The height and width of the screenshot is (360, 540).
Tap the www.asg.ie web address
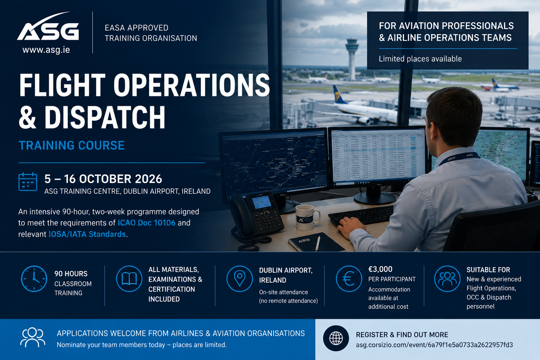46,50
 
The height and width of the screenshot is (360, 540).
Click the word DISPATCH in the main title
105,117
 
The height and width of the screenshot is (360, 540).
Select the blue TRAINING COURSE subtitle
72,146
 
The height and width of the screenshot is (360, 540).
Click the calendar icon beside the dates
28,181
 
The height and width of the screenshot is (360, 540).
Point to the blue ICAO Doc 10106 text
146,223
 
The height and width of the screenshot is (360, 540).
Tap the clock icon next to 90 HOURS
34,279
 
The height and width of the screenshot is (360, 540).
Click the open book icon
129,279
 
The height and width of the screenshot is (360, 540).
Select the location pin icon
239,279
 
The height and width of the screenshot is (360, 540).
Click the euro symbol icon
349,279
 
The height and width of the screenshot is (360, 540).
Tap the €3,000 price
380,269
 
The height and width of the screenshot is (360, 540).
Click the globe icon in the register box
336,338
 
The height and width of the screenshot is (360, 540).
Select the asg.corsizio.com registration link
435,345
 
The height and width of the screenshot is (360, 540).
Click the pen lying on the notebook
318,244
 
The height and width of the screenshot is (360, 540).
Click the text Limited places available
420,59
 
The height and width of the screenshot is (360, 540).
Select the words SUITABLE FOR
488,270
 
